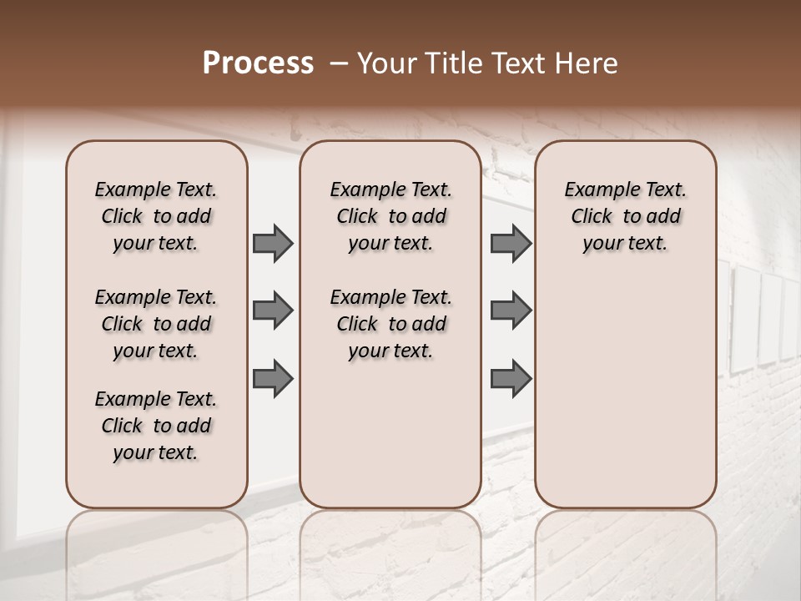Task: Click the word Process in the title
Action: click(x=258, y=63)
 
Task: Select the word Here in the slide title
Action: click(x=587, y=63)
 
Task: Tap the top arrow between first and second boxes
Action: click(x=273, y=243)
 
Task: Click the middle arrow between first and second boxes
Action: click(x=273, y=311)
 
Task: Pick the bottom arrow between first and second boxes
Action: click(x=273, y=378)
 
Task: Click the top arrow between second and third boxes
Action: click(x=511, y=243)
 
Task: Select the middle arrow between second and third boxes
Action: click(x=511, y=311)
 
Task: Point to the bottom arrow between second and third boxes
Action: click(x=511, y=378)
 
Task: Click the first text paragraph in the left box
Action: click(x=156, y=216)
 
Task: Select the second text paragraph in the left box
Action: click(x=156, y=324)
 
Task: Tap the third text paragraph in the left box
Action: click(x=156, y=426)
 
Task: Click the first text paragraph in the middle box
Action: click(x=391, y=216)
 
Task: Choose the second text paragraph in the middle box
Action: click(x=391, y=324)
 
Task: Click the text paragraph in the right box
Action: click(x=626, y=216)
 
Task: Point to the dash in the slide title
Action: click(x=339, y=63)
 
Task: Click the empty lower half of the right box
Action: click(x=626, y=401)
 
